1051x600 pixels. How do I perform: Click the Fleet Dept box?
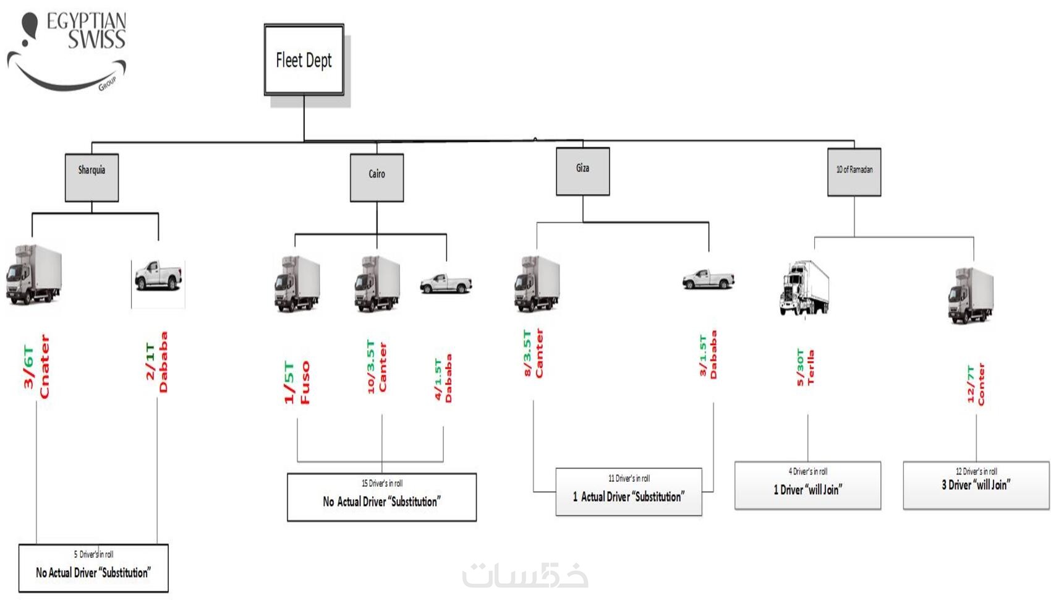(304, 60)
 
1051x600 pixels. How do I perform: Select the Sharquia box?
(91, 178)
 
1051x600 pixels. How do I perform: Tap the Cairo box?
(377, 178)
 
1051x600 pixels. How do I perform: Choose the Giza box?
(582, 171)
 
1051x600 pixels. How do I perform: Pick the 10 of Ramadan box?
(854, 172)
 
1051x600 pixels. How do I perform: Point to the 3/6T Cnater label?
(36, 367)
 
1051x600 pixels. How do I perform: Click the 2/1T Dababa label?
(156, 362)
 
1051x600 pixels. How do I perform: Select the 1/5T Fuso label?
(297, 382)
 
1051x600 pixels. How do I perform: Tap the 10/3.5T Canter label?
(377, 366)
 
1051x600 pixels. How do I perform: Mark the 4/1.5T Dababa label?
(443, 379)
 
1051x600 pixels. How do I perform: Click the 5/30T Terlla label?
(805, 368)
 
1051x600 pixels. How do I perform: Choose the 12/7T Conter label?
(976, 384)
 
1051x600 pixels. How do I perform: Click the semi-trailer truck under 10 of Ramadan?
(804, 288)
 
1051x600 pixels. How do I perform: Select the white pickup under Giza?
(708, 279)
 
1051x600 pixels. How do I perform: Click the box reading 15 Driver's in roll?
(381, 497)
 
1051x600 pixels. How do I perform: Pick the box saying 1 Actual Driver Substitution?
(629, 492)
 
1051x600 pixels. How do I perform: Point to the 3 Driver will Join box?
(976, 486)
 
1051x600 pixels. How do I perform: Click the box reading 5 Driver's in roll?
(93, 568)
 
